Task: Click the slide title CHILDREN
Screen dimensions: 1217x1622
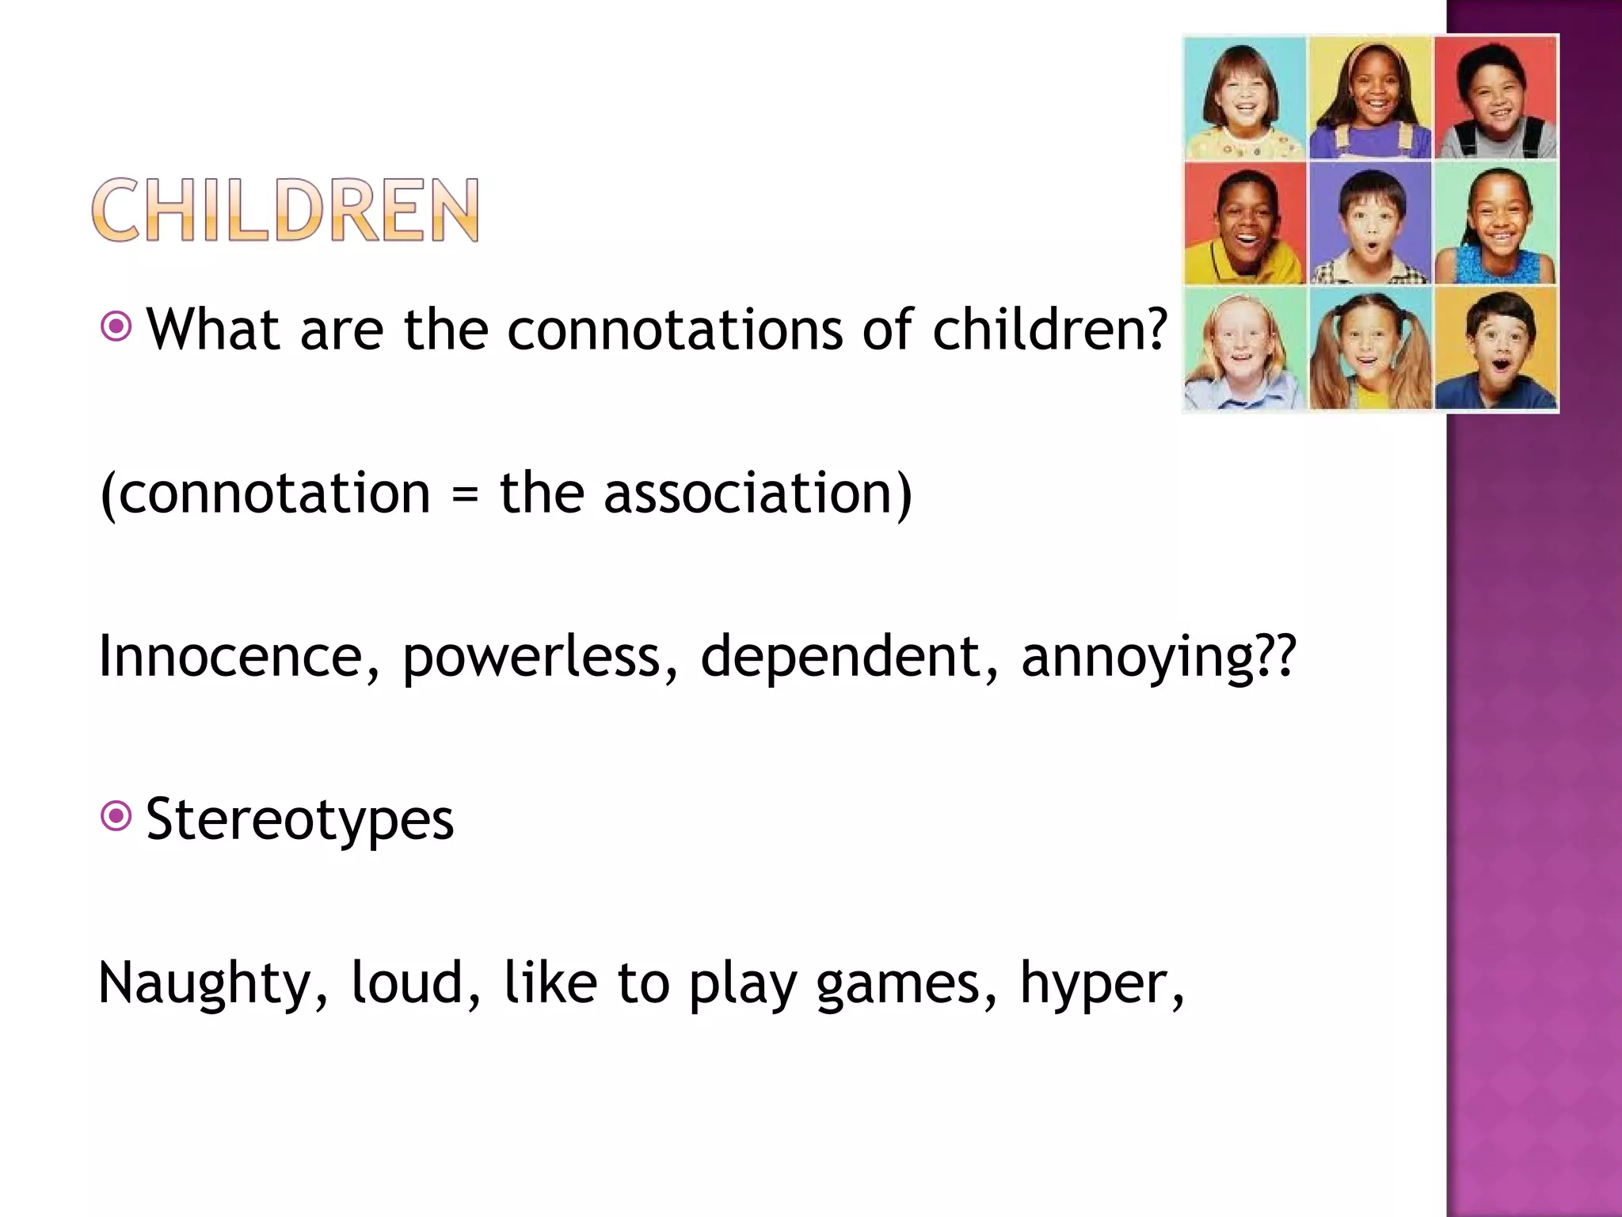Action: (285, 210)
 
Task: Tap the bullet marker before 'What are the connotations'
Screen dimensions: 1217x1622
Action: (116, 326)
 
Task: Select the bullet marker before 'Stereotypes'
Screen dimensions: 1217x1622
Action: (116, 816)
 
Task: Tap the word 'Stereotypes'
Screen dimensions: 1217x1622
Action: (299, 819)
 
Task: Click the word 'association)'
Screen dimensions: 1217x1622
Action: (757, 494)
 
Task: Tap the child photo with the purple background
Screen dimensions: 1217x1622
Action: (1370, 223)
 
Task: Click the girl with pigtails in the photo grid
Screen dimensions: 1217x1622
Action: (1370, 349)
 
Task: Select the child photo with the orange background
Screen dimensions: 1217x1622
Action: (1496, 349)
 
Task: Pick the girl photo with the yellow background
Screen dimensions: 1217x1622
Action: (1370, 97)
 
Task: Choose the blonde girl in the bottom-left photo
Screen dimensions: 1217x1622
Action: (1244, 349)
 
